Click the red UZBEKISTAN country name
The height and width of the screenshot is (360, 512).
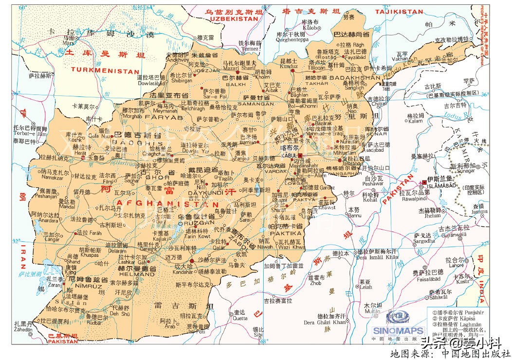(x=233, y=18)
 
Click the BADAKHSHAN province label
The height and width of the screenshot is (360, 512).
(x=355, y=78)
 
